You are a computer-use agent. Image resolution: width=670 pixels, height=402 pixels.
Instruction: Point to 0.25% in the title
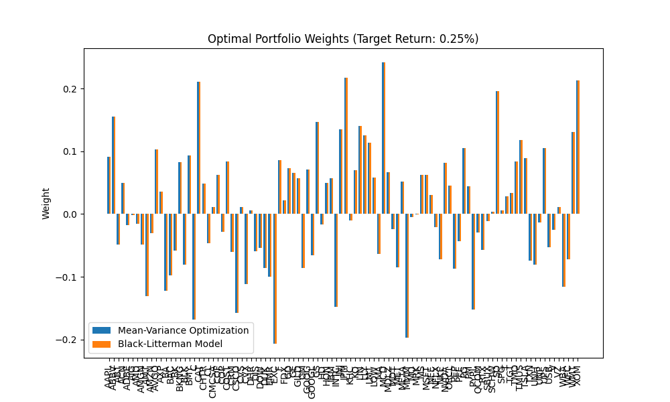pos(457,39)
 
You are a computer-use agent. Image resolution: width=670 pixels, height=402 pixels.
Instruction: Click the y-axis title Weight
pos(46,203)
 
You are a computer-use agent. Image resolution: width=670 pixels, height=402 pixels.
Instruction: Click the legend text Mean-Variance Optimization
pos(183,330)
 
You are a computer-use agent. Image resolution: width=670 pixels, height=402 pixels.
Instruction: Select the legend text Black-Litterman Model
pos(170,344)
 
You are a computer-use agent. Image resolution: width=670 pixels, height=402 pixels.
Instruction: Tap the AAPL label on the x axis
pos(109,378)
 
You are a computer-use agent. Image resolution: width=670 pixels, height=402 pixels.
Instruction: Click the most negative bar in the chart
pos(274,279)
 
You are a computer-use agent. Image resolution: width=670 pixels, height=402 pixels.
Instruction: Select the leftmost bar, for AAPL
pos(109,186)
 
